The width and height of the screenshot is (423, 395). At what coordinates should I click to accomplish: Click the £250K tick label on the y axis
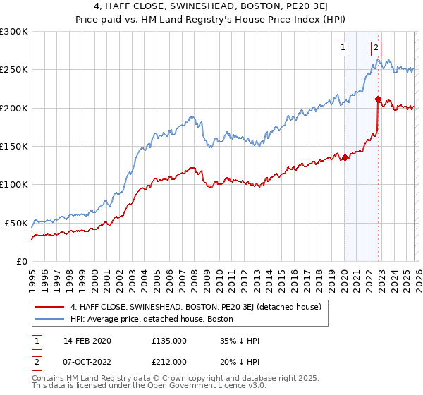[x=14, y=70]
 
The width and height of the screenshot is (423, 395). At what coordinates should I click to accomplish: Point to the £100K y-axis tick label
[x=14, y=185]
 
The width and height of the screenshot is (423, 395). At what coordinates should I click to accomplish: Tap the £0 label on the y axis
[x=22, y=261]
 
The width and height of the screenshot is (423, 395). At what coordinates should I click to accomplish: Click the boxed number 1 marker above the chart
[x=343, y=48]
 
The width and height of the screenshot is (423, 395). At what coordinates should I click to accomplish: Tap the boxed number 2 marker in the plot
[x=376, y=48]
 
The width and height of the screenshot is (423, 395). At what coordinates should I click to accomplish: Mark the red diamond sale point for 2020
[x=345, y=158]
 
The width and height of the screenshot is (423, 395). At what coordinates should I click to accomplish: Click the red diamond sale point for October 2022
[x=379, y=99]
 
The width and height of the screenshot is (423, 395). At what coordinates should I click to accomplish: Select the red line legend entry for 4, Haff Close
[x=196, y=307]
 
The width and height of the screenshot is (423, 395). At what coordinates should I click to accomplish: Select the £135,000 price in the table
[x=169, y=341]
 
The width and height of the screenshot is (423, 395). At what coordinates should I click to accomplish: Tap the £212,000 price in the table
[x=169, y=361]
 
